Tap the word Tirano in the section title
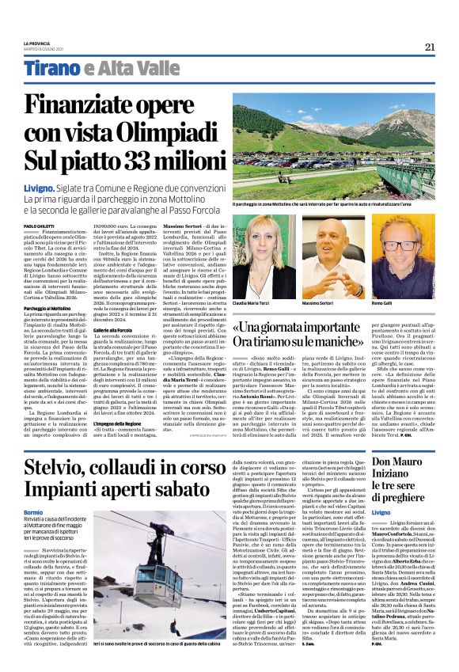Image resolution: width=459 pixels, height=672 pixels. click(x=51, y=68)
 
